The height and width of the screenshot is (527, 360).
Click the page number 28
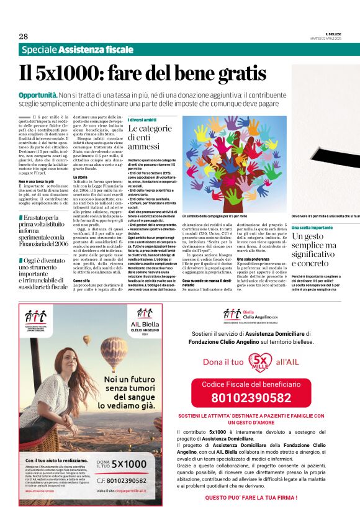[x=23, y=36]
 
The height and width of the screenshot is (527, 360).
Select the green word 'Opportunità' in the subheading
[x=38, y=96]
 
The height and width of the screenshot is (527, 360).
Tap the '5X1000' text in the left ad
[x=130, y=464]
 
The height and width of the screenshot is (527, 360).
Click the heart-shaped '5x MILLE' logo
[x=257, y=361]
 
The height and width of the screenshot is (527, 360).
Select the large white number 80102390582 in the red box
[x=251, y=398]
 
